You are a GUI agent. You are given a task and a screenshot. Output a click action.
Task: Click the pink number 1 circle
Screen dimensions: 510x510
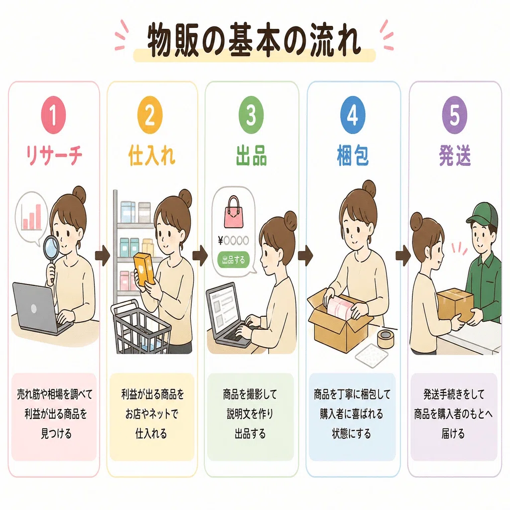pos(53,115)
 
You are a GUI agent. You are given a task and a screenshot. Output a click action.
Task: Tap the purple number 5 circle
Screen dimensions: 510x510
pos(454,115)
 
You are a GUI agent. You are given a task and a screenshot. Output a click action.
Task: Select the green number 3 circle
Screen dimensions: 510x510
pos(251,115)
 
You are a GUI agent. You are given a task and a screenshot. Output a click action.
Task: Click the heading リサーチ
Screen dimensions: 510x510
pos(54,155)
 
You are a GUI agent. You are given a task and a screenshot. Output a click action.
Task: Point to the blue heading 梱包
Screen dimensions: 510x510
pos(353,156)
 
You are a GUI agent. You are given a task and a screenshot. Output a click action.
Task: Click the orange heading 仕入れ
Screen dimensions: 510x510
pos(151,155)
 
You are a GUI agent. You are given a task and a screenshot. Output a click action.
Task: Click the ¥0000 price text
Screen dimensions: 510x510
pos(234,241)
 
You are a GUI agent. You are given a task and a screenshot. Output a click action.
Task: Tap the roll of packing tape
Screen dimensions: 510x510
pos(386,338)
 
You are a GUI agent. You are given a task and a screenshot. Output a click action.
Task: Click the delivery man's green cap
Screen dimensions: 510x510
pos(483,213)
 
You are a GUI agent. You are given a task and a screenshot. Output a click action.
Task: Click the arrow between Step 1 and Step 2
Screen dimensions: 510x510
pos(103,255)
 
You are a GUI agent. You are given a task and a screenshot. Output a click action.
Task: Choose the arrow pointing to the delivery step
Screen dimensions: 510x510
pos(403,255)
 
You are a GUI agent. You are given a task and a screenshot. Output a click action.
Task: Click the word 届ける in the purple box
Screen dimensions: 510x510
pos(453,434)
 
